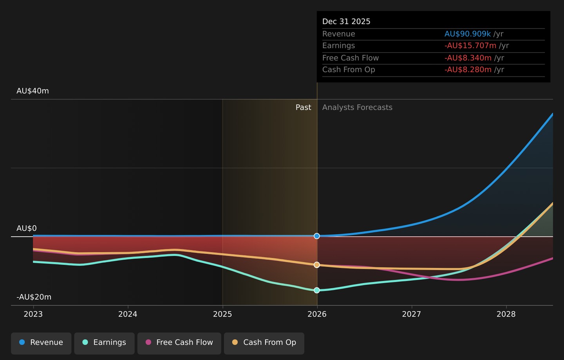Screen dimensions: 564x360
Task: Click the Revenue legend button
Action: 41,344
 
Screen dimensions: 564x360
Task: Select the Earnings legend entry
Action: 104,344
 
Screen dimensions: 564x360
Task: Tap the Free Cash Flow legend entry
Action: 179,344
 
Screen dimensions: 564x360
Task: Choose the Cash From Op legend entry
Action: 264,344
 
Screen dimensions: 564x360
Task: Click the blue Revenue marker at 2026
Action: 317,236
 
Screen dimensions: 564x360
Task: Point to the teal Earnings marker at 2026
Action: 317,290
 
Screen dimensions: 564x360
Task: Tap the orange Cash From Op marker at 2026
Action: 317,265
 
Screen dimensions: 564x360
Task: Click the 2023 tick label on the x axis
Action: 33,314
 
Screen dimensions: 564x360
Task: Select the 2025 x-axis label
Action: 222,314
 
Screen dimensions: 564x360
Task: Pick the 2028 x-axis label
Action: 506,314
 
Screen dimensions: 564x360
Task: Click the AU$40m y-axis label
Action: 33,91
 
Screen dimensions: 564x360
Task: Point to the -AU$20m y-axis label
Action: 34,297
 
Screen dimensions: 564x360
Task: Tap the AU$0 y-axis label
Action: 27,228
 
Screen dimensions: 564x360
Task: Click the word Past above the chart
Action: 304,107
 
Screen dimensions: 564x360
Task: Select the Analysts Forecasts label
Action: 357,107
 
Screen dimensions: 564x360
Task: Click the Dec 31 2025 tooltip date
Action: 347,22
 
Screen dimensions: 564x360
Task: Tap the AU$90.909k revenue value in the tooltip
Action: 468,34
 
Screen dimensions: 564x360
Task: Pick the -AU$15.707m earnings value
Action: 470,45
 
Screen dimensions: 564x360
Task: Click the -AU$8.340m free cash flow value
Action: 468,58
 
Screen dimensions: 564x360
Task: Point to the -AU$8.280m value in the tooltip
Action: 468,69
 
